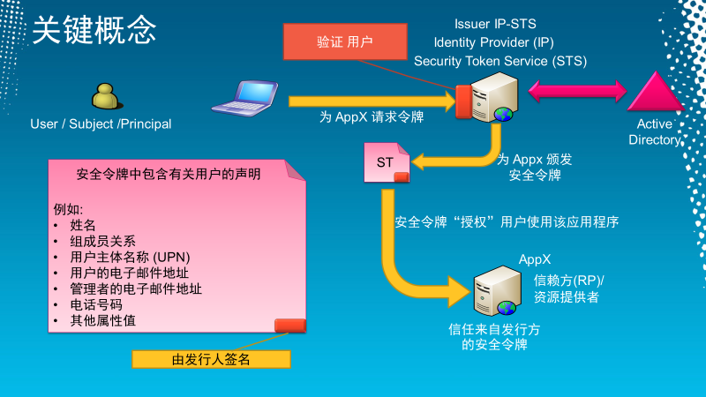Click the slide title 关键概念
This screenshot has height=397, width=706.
(x=94, y=30)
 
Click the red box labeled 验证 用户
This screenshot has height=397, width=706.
(x=345, y=42)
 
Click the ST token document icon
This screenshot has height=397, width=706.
(x=387, y=163)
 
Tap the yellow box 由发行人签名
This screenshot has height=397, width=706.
(x=211, y=359)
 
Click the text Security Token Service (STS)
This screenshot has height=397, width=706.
(x=500, y=61)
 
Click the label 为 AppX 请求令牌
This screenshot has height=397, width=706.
(x=372, y=116)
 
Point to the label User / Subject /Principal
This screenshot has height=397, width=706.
(x=101, y=124)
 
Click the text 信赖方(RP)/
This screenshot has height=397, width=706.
(x=575, y=281)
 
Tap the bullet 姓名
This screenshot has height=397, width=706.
(x=83, y=225)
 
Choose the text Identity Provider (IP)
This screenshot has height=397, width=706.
(x=493, y=42)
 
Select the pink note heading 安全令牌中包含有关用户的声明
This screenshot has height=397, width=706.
(x=169, y=175)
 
